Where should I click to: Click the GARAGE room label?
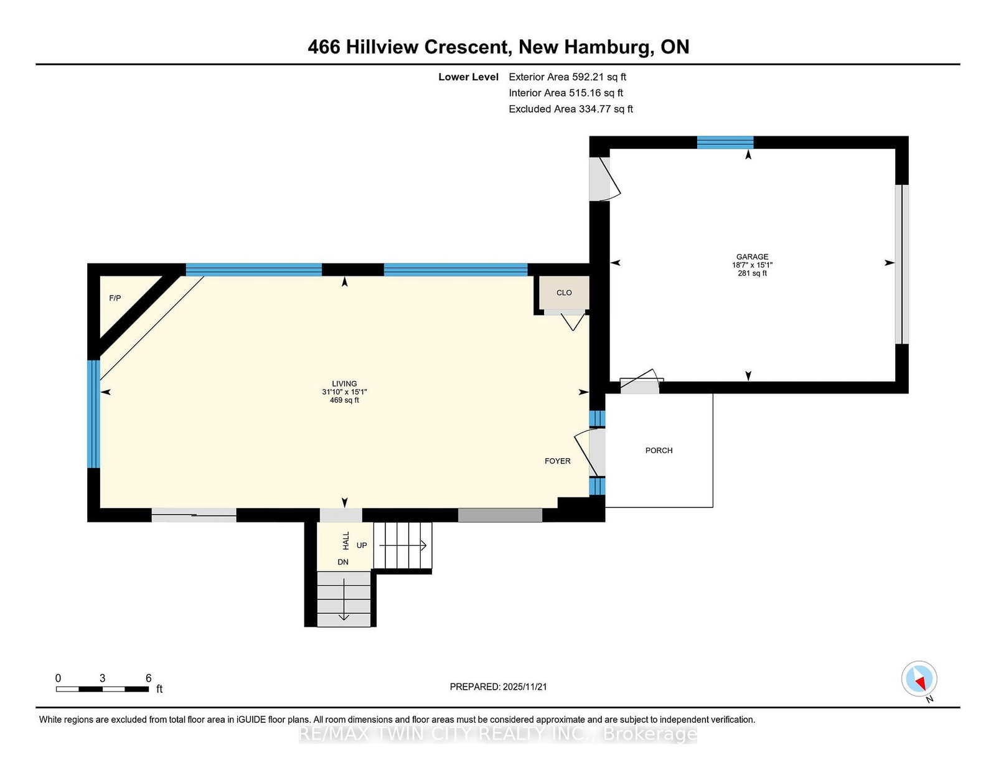tap(752, 256)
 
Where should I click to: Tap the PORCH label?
tap(659, 451)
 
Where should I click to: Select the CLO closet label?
tap(564, 293)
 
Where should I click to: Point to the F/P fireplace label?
tap(115, 298)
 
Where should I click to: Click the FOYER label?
tap(557, 461)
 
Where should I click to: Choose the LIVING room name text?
tap(344, 383)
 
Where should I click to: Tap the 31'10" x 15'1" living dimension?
tap(344, 392)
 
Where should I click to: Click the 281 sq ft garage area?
tap(752, 273)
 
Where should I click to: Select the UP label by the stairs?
tap(362, 545)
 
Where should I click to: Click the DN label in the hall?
tap(343, 562)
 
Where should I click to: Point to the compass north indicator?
tap(919, 679)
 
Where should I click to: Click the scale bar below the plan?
tap(102, 689)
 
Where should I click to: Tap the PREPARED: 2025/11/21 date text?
tap(498, 687)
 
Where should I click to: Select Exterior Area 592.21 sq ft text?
tap(567, 77)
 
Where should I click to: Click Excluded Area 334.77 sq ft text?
tap(571, 109)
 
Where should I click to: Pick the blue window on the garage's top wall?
tap(725, 143)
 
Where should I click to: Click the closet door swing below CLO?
tap(573, 321)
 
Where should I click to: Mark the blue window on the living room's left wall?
tap(93, 414)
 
